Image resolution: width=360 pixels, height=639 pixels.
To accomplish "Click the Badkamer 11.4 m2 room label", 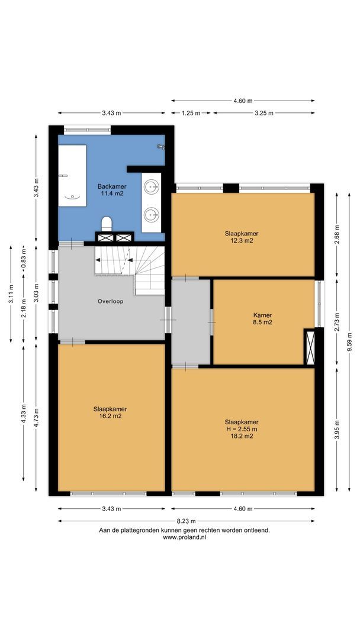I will click(x=111, y=190).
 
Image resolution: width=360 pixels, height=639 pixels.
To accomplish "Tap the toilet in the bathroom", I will click(x=107, y=224).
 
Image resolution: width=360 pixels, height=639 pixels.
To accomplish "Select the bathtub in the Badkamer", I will click(x=72, y=175).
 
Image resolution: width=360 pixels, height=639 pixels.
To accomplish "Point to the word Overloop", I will click(x=111, y=301).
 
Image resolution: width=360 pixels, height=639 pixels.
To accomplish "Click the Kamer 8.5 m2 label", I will click(x=262, y=319).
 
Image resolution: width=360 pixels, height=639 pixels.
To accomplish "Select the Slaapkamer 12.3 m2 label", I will click(x=241, y=237).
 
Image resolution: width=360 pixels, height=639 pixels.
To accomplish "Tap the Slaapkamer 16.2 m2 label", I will click(x=110, y=412).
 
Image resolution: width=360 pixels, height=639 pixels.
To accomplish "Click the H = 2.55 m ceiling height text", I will click(x=241, y=428).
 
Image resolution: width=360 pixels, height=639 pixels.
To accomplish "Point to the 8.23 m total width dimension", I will click(x=185, y=521).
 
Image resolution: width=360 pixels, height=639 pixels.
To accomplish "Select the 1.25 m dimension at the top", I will click(x=191, y=112).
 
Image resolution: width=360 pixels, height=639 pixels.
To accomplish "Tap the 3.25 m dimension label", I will click(x=263, y=112).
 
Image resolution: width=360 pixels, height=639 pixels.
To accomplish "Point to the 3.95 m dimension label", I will click(x=337, y=427).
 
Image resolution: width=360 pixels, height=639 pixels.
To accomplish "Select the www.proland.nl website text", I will click(x=184, y=537).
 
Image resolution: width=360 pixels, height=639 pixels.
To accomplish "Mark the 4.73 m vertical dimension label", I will click(x=36, y=418).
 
